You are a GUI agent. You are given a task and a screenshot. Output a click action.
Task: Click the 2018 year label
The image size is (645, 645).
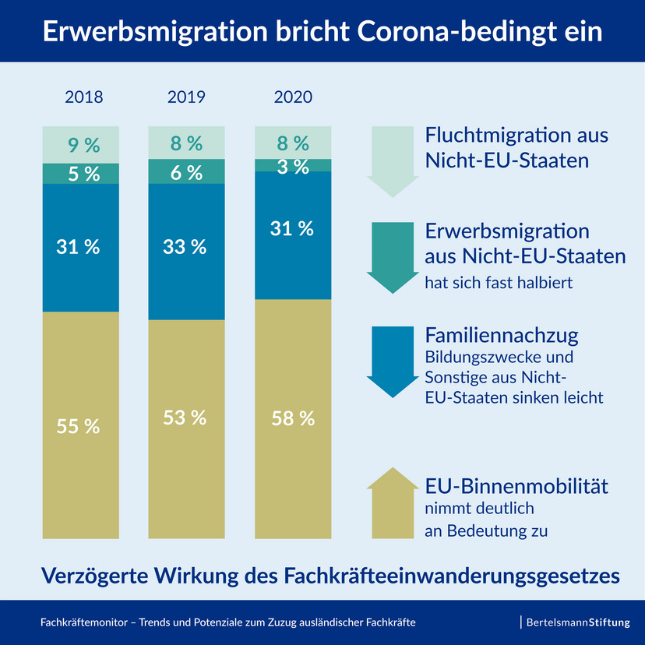83,98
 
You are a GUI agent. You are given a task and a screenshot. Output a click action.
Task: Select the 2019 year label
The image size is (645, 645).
186,98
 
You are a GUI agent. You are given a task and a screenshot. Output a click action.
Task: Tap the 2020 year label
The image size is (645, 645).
293,98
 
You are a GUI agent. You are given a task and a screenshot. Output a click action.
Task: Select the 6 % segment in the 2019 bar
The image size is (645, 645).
186,173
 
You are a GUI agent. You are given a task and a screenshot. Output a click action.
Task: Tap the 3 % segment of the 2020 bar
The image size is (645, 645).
293,165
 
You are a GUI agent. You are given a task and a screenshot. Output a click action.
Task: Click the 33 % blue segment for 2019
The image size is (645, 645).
186,248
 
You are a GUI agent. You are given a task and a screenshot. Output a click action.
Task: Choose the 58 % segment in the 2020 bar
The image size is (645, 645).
293,418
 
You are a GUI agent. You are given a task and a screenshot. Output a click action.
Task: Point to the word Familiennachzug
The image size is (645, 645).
502,336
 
